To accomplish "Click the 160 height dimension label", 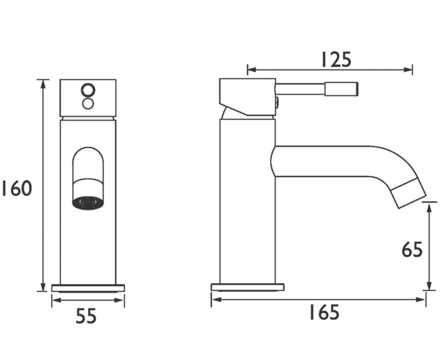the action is [x=17, y=189].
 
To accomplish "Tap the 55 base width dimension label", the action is [x=86, y=316].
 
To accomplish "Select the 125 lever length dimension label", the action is [x=336, y=59].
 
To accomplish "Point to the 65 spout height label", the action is [x=412, y=250].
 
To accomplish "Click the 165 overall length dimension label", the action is [x=324, y=312].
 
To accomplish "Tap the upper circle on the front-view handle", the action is [x=88, y=90].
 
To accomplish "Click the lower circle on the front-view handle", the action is [x=88, y=104].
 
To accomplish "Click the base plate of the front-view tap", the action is [x=88, y=288].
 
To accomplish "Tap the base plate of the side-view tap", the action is [x=247, y=287].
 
